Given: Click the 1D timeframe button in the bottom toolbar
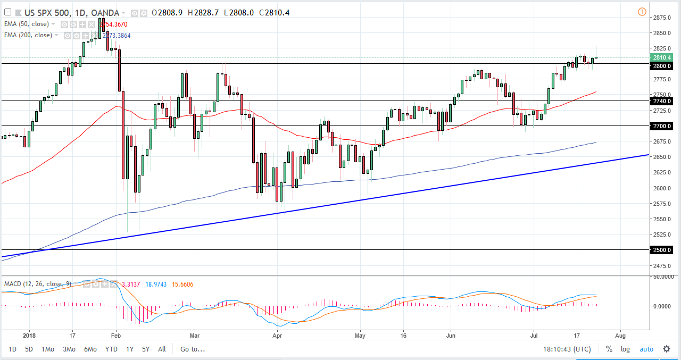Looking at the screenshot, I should point(12,349).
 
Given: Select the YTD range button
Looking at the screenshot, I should point(111,349).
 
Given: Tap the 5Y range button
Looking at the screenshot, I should point(146,349).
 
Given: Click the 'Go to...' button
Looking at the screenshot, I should point(192,349).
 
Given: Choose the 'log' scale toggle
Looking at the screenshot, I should point(625,349).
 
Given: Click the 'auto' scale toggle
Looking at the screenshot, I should point(646,349).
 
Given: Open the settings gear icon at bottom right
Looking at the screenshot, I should point(666,349).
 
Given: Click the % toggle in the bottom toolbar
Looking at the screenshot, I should point(609,349).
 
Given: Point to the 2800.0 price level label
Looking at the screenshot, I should point(662,66).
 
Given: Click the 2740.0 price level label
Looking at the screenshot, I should point(662,101).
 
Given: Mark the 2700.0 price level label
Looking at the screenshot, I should point(662,127).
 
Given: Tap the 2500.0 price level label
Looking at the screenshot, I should point(662,250).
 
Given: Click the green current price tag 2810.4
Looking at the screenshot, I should point(662,57).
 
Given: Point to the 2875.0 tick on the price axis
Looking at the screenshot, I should point(662,18).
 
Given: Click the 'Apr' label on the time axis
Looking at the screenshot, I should point(277,336).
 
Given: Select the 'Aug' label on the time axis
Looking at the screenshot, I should point(620,336).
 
